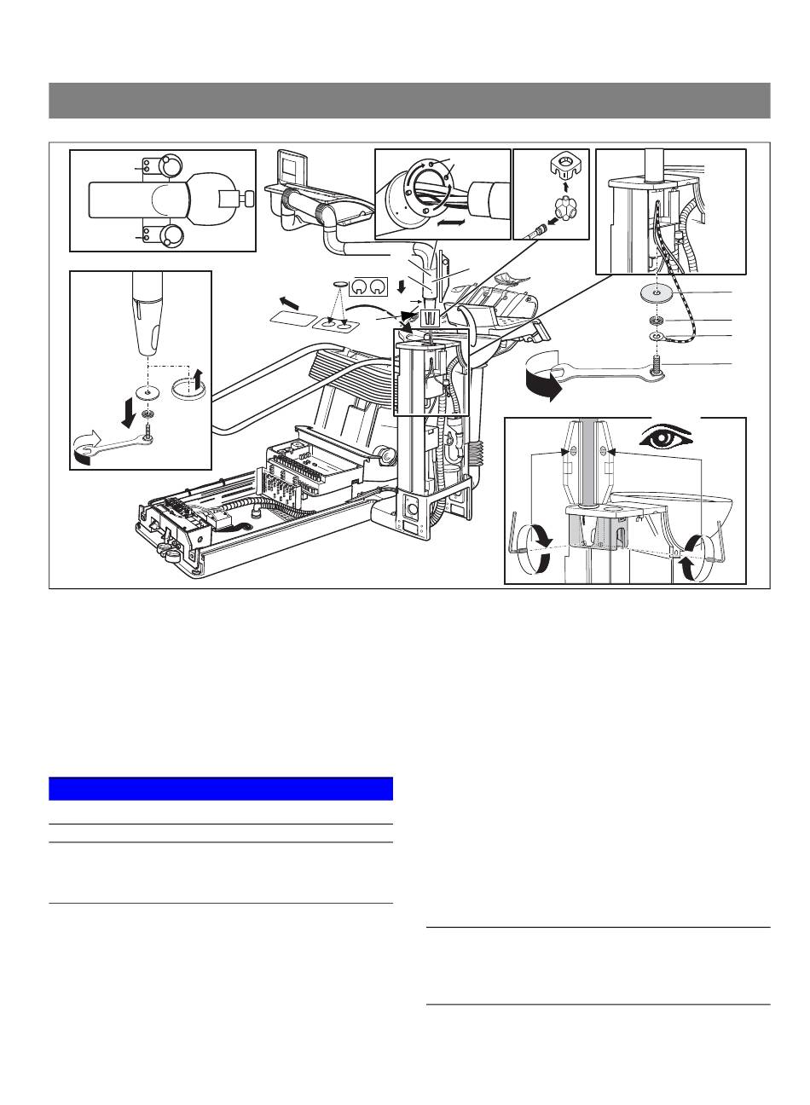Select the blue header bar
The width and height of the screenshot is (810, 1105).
220,788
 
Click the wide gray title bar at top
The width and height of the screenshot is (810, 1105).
409,101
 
